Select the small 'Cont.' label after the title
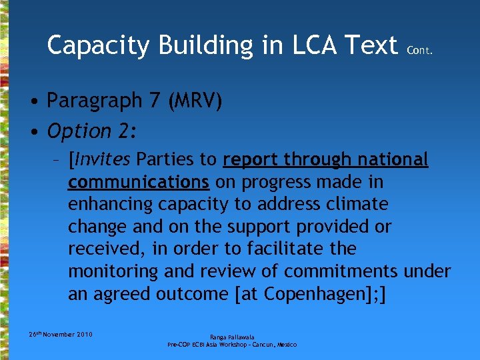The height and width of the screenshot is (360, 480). (419, 50)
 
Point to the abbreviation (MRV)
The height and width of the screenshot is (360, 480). (195, 101)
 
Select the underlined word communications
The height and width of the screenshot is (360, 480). (138, 182)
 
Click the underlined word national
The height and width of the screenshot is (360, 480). (393, 160)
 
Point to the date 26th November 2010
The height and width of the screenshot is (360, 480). (61, 334)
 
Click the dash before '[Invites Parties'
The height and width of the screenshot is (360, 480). (58, 160)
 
